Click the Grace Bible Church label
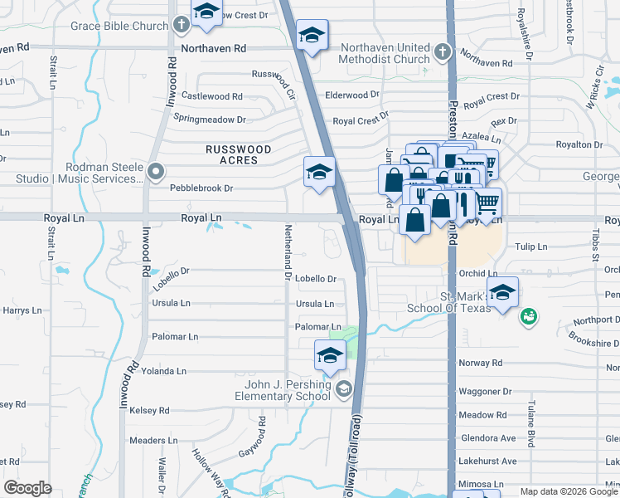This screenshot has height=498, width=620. (119, 26)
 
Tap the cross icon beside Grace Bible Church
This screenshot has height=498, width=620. (182, 26)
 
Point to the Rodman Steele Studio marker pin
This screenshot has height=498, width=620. (156, 172)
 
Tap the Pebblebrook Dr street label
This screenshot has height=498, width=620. (201, 188)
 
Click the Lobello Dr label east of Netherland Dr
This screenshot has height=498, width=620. (316, 280)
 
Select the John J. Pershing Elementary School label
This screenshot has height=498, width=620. (287, 389)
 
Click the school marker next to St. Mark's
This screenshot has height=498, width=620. (502, 292)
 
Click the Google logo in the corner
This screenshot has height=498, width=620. (27, 488)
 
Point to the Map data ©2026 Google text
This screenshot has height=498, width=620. (569, 491)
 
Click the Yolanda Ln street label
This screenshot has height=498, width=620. (163, 371)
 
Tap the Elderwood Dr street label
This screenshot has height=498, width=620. (351, 95)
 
